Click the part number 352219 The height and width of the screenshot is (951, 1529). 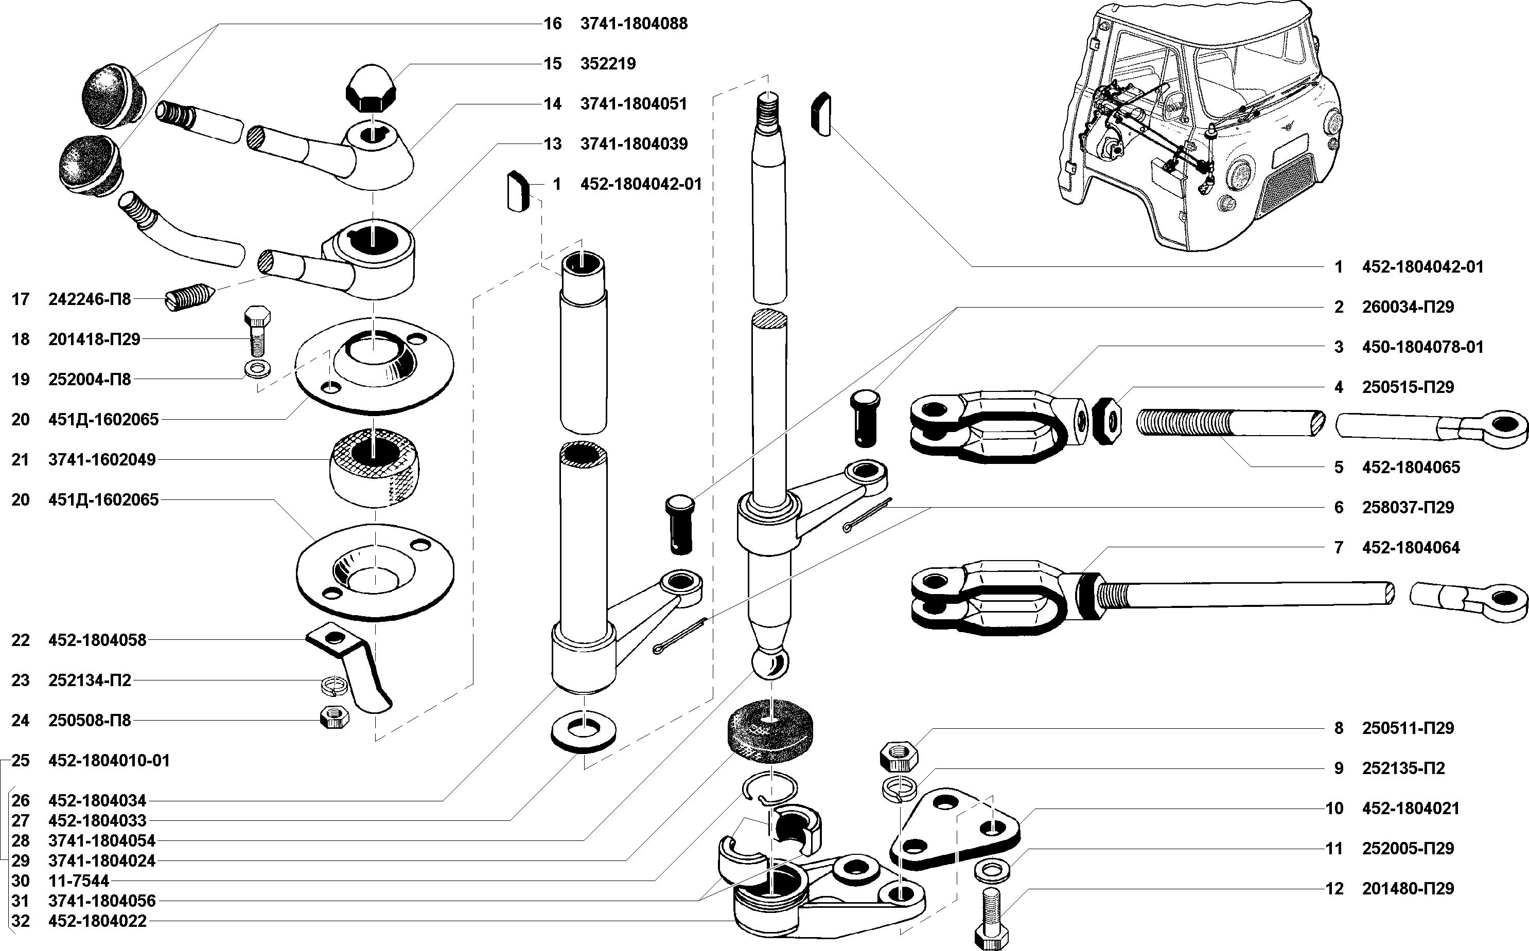coord(608,64)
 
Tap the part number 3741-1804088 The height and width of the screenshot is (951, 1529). coord(634,24)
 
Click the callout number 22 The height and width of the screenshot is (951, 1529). coord(21,640)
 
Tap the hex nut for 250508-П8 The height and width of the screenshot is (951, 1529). coord(331,717)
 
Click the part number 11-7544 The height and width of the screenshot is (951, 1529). coord(79,881)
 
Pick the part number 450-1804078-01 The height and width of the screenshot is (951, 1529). coord(1422,347)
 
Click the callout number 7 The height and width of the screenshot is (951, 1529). coord(1339,547)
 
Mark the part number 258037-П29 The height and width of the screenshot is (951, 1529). coord(1408,508)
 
